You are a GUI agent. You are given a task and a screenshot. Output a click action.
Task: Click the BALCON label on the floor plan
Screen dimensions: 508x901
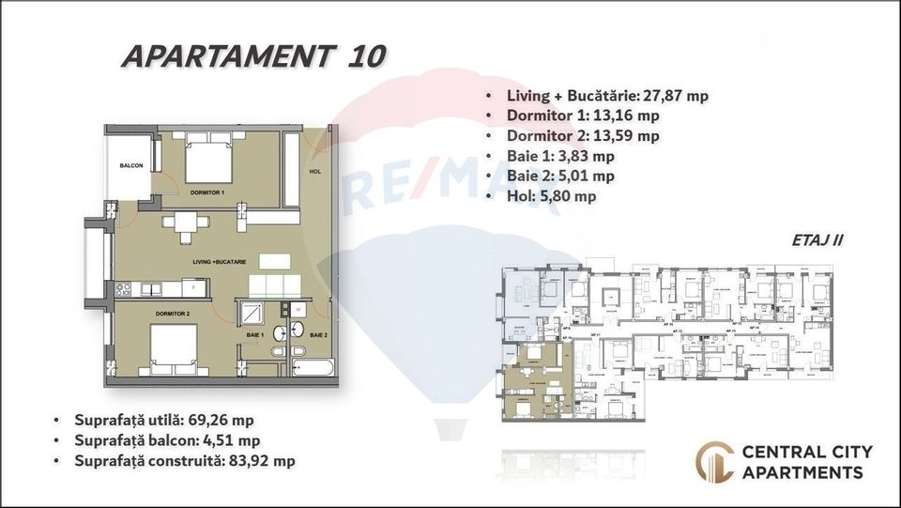tap(130, 166)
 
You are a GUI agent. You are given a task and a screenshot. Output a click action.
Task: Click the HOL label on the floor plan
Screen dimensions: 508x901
tap(315, 172)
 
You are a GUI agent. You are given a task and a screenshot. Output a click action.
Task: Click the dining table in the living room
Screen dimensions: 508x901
tap(184, 223)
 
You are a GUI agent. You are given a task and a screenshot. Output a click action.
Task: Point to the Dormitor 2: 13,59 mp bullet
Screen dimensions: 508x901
tap(582, 135)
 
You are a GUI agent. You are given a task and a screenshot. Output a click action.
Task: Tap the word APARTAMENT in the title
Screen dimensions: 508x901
tap(225, 55)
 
